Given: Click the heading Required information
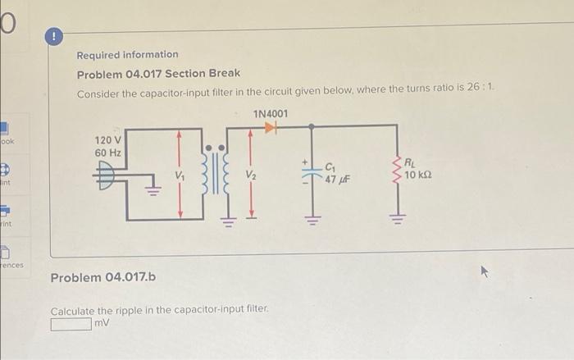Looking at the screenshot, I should pos(127,55).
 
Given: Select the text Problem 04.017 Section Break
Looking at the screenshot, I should pos(158,75).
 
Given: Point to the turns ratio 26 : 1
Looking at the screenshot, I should pos(481,93).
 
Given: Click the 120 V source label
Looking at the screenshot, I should pos(108,140).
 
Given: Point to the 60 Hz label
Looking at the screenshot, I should pos(108,153).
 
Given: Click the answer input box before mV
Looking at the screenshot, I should pos(71,324).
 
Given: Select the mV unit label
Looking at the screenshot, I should pos(102,324).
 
